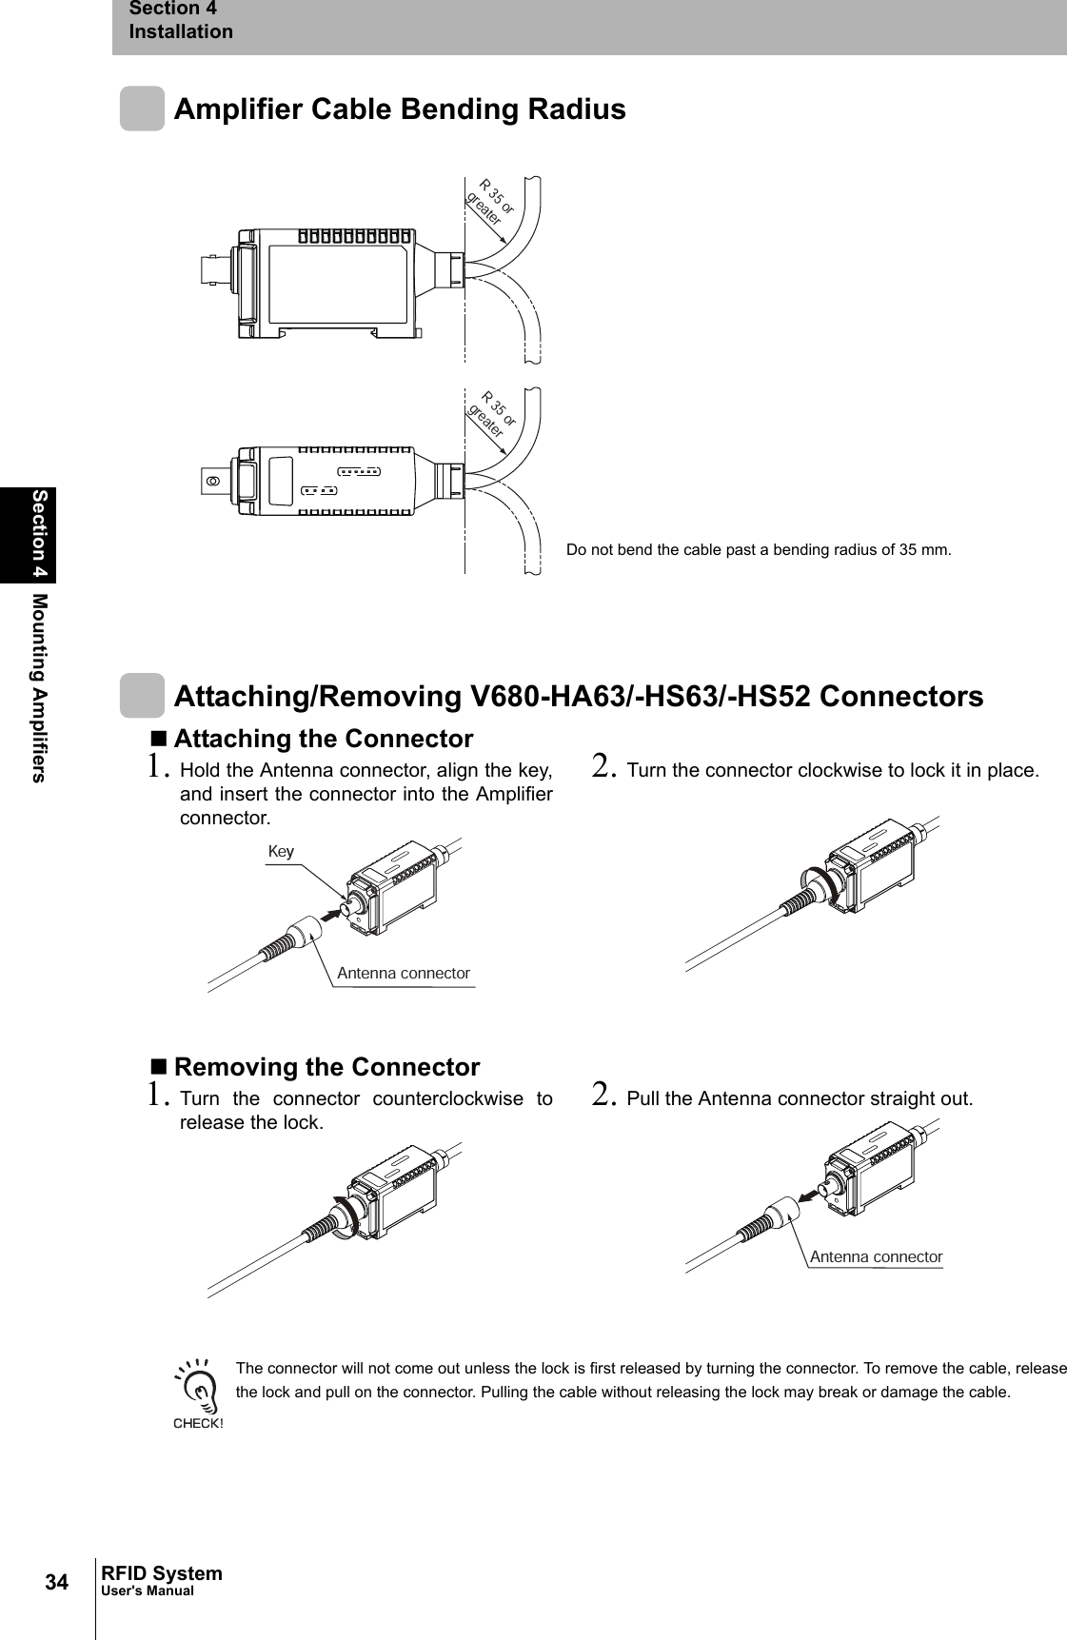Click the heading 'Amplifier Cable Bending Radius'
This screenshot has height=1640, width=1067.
pyautogui.click(x=400, y=109)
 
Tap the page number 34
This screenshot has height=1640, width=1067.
pyautogui.click(x=58, y=1583)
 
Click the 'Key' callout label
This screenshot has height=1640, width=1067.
pyautogui.click(x=281, y=851)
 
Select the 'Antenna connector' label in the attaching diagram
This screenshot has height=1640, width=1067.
pyautogui.click(x=404, y=974)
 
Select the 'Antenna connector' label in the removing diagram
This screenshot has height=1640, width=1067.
pyautogui.click(x=876, y=1256)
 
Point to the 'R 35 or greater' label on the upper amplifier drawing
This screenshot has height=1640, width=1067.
pyautogui.click(x=491, y=200)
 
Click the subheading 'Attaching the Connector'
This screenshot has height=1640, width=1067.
pyautogui.click(x=323, y=739)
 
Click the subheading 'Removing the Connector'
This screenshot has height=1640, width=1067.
pyautogui.click(x=326, y=1066)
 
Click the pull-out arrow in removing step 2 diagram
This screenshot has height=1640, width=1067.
pyautogui.click(x=811, y=1193)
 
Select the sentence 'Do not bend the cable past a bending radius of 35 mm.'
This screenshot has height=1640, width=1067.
pyautogui.click(x=758, y=550)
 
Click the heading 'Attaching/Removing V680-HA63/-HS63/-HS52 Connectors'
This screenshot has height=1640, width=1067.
pyautogui.click(x=579, y=697)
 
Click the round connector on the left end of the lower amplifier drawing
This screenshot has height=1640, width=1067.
pyautogui.click(x=214, y=481)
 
